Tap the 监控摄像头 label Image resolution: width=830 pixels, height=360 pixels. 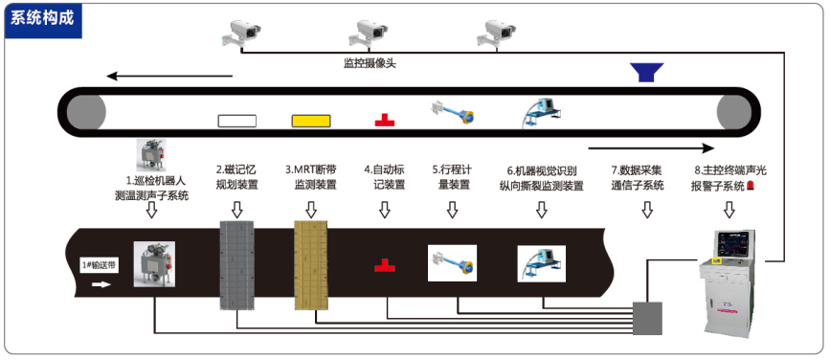pos(370,64)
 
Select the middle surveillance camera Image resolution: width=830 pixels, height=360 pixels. pos(369,34)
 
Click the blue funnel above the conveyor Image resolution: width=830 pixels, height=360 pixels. pos(646,73)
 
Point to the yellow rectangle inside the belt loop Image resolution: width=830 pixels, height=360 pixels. pos(311,121)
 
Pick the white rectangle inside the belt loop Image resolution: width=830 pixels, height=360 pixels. pos(237,121)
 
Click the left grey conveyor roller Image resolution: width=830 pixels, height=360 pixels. pos(86,112)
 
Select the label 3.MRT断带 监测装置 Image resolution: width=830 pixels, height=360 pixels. pos(311,177)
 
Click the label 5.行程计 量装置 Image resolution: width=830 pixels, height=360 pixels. pos(452,177)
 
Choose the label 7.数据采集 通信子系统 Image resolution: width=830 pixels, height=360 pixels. pos(637,178)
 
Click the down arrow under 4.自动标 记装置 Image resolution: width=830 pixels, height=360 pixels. pos(385,210)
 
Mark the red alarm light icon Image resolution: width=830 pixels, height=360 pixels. pos(751,186)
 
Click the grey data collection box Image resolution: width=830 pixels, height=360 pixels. pos(648,318)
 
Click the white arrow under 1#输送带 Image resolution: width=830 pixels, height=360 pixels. pos(101,284)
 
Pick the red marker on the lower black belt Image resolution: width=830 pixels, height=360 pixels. pos(385,265)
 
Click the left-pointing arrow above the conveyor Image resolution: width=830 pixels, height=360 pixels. pos(169,76)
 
